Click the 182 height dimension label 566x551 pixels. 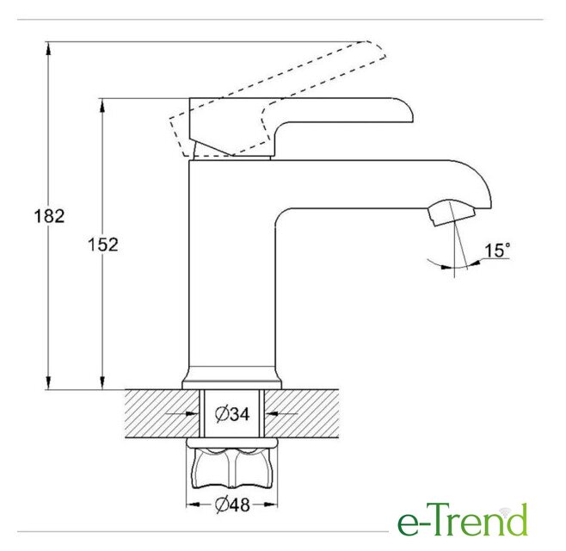(49, 216)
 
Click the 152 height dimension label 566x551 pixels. (103, 245)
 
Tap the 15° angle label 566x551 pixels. (497, 250)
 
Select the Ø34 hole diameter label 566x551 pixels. (232, 414)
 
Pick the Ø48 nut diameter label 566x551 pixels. (232, 505)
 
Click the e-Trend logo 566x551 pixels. (463, 520)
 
